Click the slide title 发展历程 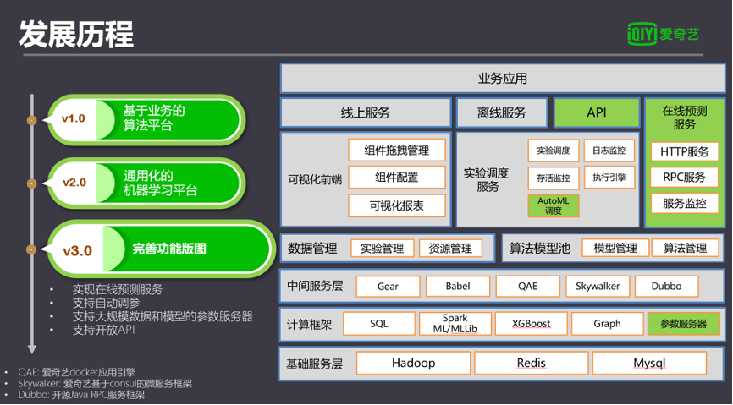point(77,35)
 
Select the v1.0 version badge point(74,118)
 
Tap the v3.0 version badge point(77,250)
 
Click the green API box point(596,112)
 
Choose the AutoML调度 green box point(554,205)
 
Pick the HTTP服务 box point(685,152)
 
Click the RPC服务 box point(685,178)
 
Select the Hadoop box point(413,363)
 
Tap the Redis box point(531,363)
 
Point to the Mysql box point(649,363)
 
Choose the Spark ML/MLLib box point(455,324)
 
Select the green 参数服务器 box point(683,324)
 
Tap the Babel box point(457,286)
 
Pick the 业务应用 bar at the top point(503,79)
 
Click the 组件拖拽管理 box point(397,151)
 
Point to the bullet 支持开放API point(104,330)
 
